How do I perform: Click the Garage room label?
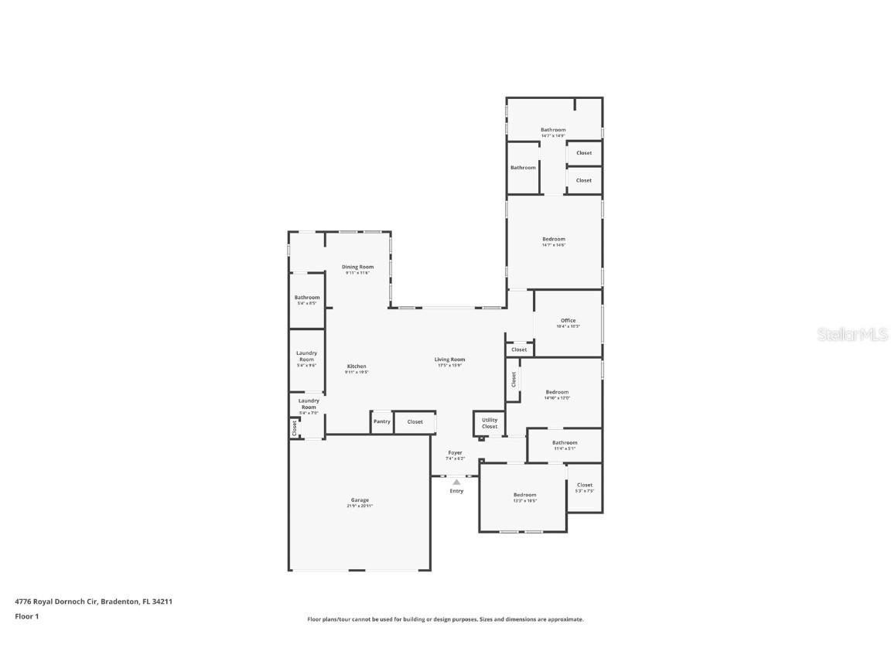click(x=360, y=500)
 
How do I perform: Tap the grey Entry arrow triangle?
click(x=456, y=482)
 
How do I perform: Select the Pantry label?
click(x=382, y=421)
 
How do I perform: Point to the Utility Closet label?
click(x=490, y=423)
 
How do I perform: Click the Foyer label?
click(x=455, y=452)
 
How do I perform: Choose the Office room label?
click(x=568, y=320)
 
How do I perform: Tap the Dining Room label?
click(x=357, y=267)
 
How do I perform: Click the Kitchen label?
click(x=357, y=366)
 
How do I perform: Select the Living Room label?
click(x=449, y=359)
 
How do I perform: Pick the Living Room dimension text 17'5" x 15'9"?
click(x=449, y=366)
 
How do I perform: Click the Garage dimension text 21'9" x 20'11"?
click(x=360, y=506)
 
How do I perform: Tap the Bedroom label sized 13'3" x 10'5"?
click(x=524, y=494)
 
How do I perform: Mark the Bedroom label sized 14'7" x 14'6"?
click(x=554, y=239)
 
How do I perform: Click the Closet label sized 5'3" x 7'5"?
click(x=585, y=485)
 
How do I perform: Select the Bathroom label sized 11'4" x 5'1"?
click(x=565, y=442)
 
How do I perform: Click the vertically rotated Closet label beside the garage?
click(x=295, y=428)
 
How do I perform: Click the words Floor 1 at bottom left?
click(x=27, y=616)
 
